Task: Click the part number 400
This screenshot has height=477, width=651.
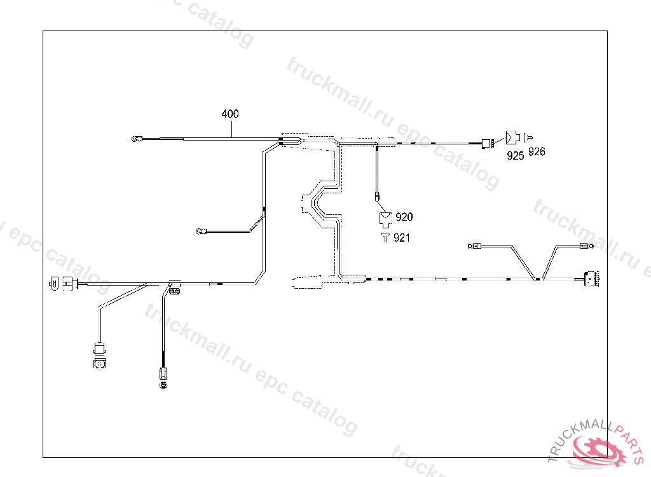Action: pos(230,114)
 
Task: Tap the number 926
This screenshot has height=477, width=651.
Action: pos(537,152)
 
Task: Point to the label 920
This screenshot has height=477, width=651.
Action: pos(404,218)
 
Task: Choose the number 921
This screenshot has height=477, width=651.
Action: pos(402,238)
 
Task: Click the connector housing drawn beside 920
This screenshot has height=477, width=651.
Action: pos(385,219)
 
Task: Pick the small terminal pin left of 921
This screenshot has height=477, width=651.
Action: pos(385,237)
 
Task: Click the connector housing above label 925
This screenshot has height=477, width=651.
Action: pos(512,137)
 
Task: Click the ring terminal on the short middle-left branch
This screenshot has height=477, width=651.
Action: pos(200,231)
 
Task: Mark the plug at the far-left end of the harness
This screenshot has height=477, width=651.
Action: pos(53,283)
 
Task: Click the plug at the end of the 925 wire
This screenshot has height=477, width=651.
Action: pos(488,144)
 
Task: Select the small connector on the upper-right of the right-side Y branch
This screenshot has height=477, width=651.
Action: pos(586,247)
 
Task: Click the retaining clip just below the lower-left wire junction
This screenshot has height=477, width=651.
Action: pos(174,291)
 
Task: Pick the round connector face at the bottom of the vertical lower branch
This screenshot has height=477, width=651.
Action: pos(163,384)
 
